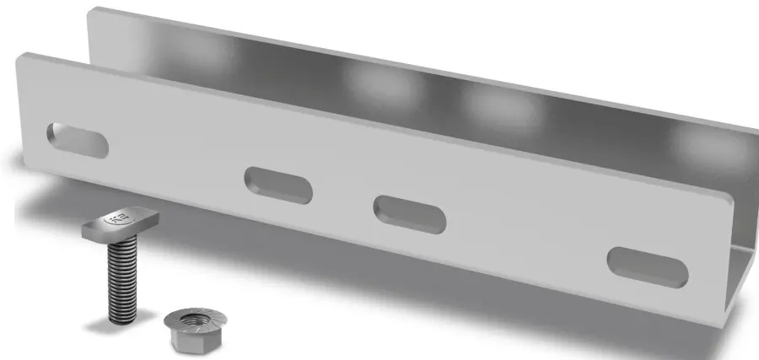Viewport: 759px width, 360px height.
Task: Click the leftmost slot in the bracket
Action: tap(78, 140)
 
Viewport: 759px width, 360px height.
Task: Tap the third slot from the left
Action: tap(409, 213)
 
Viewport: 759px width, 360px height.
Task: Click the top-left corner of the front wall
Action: tap(20, 56)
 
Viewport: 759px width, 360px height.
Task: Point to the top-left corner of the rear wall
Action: tap(91, 10)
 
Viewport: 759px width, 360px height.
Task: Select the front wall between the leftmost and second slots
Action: tap(177, 160)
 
